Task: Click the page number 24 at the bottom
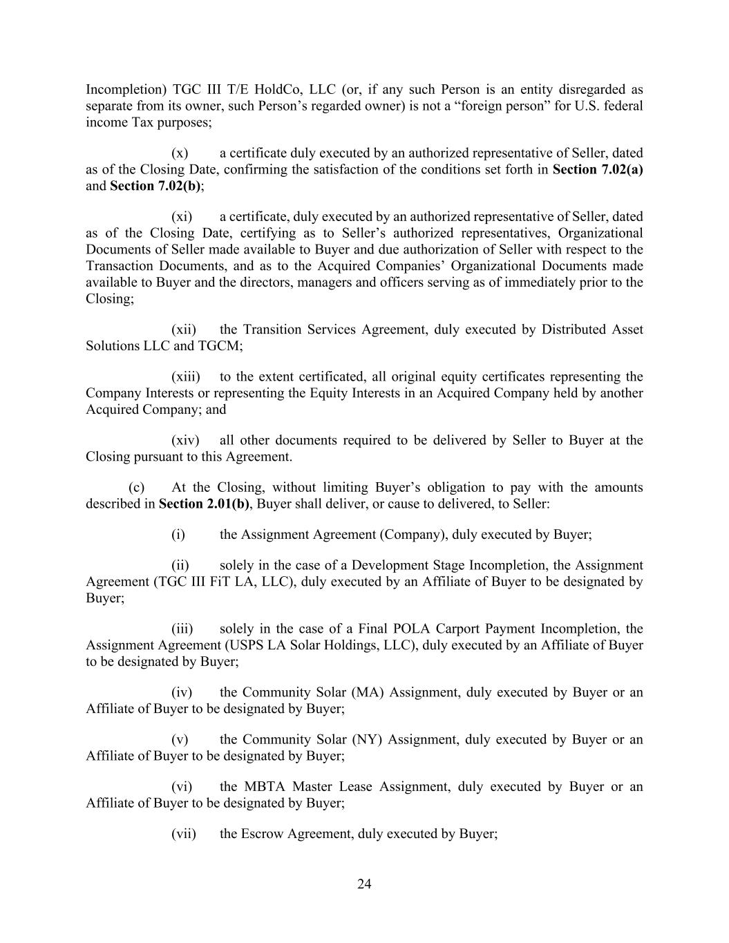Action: coord(364,884)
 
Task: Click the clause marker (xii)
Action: coord(184,330)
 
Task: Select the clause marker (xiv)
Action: coord(185,440)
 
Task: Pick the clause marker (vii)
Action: coord(184,833)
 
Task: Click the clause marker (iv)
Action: coord(182,692)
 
